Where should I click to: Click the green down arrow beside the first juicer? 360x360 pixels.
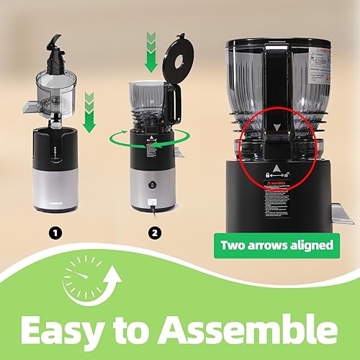click(x=90, y=112)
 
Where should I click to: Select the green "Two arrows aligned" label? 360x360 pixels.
click(x=277, y=245)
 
